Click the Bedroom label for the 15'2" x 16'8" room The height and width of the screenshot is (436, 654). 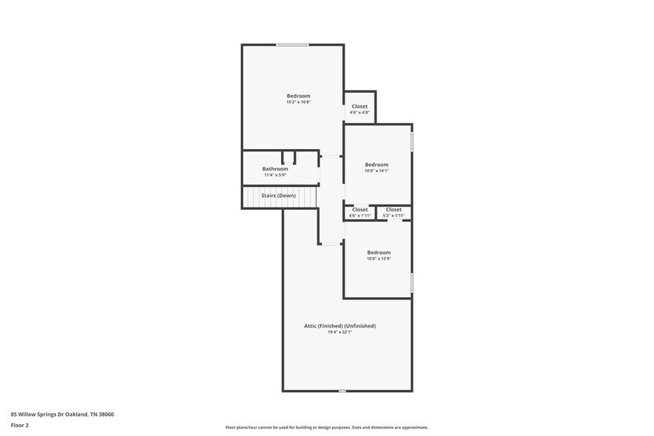click(298, 96)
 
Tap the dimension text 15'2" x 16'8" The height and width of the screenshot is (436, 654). click(298, 102)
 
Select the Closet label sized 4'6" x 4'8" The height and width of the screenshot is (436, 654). click(360, 106)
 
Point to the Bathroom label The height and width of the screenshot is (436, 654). click(275, 168)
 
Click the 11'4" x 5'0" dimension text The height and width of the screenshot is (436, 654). click(275, 175)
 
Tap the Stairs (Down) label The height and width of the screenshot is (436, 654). click(278, 196)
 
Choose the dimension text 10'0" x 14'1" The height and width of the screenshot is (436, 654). click(376, 171)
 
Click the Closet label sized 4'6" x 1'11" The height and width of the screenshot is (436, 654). click(360, 210)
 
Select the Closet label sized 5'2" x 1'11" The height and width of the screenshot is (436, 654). click(394, 210)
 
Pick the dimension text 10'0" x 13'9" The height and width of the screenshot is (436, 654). click(378, 259)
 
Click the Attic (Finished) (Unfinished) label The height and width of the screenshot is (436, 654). click(340, 326)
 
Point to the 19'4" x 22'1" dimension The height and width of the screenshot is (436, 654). click(340, 332)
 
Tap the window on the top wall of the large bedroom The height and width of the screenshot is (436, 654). click(292, 45)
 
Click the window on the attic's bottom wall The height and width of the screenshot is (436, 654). click(342, 391)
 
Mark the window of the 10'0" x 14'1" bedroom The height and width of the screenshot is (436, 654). click(412, 141)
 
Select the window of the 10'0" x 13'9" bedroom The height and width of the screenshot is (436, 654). click(412, 283)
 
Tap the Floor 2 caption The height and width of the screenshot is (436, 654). click(20, 425)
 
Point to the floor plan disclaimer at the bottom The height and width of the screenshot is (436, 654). click(326, 428)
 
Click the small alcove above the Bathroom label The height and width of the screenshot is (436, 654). click(288, 157)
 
